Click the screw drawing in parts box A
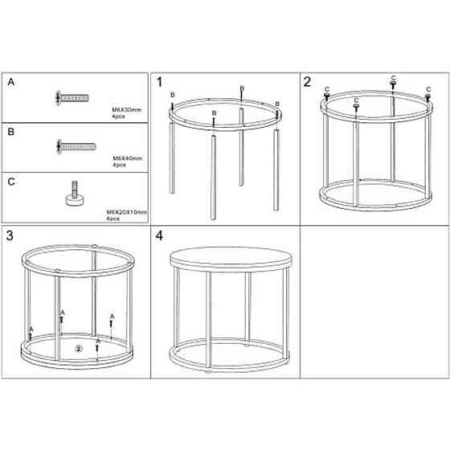(72, 98)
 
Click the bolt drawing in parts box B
(76, 147)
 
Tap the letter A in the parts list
(11, 82)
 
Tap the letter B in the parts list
(11, 132)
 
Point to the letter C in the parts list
(11, 182)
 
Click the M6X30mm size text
(127, 109)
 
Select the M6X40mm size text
(128, 158)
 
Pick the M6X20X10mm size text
(127, 212)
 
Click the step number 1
(160, 82)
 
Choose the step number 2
(307, 82)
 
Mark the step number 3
(10, 235)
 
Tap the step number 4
(159, 235)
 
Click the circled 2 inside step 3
(79, 349)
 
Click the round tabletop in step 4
(231, 258)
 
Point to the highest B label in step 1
(242, 88)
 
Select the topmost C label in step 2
(394, 78)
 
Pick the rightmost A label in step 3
(112, 317)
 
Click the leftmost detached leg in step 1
(172, 157)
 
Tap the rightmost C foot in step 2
(427, 97)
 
